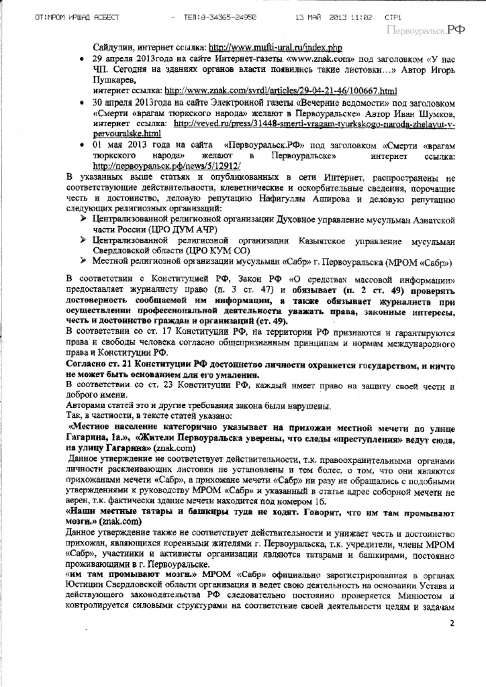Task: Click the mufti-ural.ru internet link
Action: pos(276,48)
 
